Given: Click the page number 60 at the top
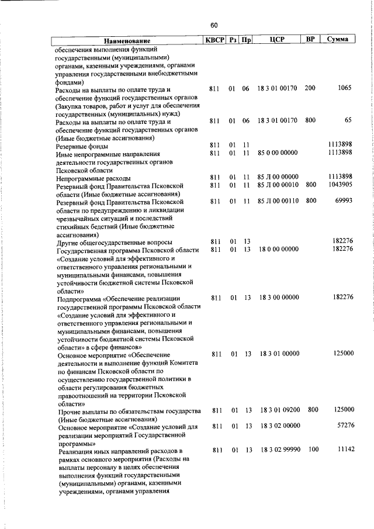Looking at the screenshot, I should click(214, 25).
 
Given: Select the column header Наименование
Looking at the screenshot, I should click(127, 41).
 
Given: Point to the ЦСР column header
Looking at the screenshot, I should click(278, 40).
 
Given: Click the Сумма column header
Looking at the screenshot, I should click(338, 40).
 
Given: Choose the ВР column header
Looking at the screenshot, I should click(310, 40).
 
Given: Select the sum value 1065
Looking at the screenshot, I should click(344, 88).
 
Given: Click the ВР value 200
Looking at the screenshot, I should click(310, 88).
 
